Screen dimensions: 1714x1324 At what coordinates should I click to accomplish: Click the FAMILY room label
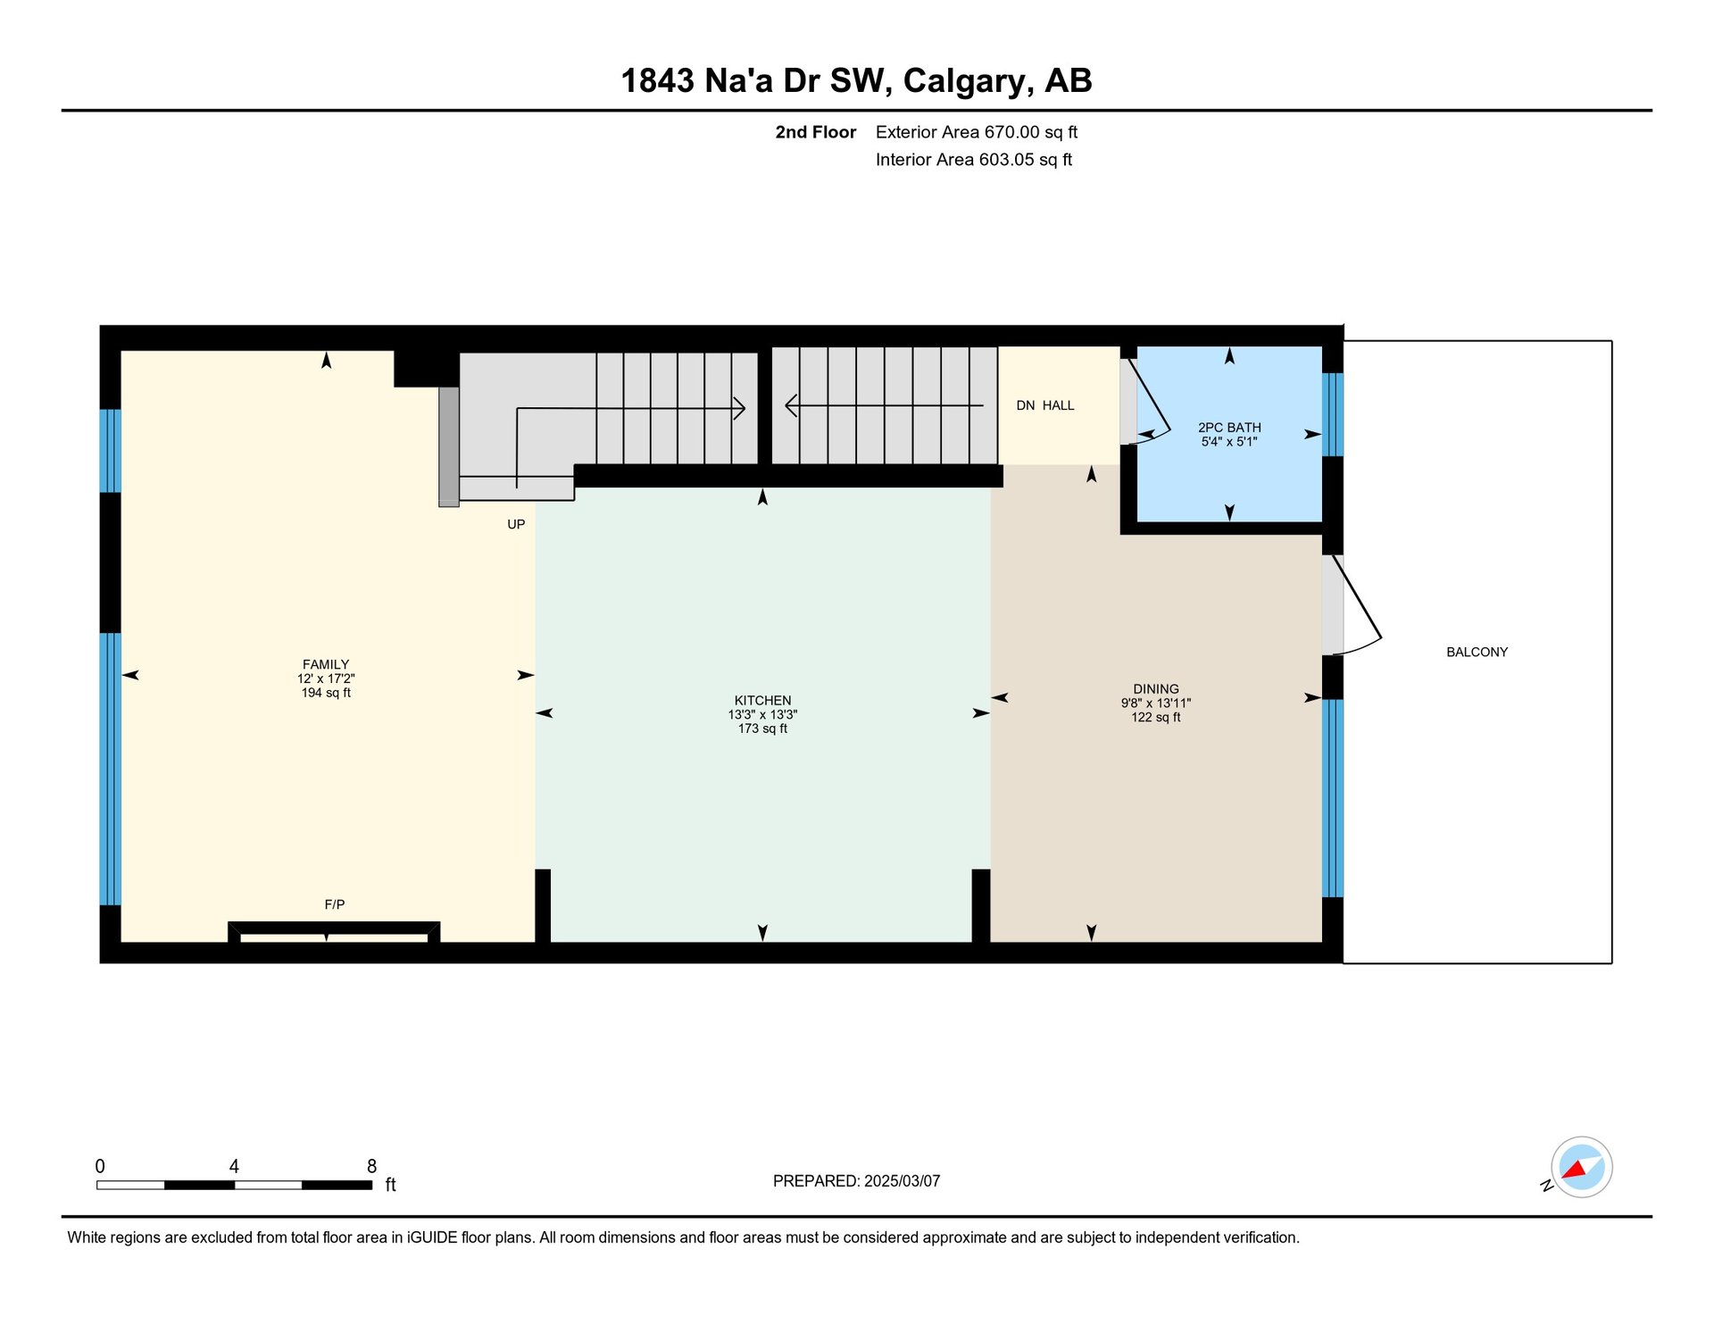point(326,664)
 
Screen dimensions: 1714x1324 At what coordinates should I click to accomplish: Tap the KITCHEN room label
point(762,701)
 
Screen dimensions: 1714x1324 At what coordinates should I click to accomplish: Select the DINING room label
point(1156,689)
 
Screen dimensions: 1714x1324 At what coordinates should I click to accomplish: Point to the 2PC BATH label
point(1229,428)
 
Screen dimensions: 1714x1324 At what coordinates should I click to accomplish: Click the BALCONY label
point(1477,653)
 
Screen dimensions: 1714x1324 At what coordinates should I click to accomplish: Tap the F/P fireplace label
point(335,904)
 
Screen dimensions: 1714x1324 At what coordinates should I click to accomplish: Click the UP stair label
point(516,524)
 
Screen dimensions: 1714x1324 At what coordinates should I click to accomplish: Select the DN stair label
point(1026,405)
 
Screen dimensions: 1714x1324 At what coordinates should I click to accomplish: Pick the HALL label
point(1059,405)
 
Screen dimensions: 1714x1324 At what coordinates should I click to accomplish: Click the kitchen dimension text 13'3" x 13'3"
point(762,715)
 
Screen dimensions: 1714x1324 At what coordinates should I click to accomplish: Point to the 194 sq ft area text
point(326,693)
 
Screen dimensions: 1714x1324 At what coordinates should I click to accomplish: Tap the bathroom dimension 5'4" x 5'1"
point(1229,442)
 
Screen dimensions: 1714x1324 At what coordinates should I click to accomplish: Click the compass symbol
point(1581,1167)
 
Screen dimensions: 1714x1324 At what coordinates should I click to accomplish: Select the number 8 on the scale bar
point(372,1166)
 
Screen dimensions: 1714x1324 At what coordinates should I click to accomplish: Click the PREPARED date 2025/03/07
point(902,1181)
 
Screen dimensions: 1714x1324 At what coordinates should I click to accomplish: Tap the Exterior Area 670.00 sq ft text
point(977,132)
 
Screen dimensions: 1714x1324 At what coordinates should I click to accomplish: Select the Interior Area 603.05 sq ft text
point(974,160)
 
